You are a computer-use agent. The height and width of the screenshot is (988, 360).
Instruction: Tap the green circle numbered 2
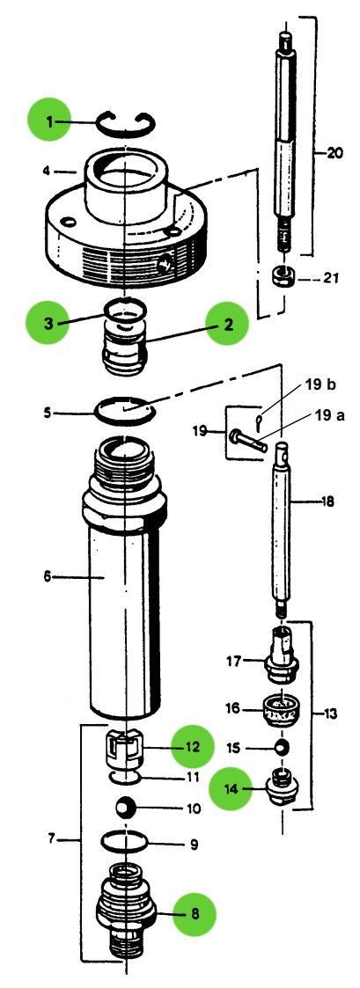[x=227, y=325]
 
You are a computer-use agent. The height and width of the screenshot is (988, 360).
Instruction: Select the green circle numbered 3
[x=49, y=323]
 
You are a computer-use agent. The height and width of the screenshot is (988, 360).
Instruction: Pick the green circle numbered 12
[x=193, y=746]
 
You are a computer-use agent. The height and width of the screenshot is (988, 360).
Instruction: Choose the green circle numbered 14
[x=231, y=788]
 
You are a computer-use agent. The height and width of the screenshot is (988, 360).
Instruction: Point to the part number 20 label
[x=334, y=151]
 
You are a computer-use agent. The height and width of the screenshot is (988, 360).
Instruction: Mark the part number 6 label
[x=48, y=577]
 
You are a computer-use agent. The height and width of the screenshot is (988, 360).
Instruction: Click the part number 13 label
[x=331, y=714]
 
